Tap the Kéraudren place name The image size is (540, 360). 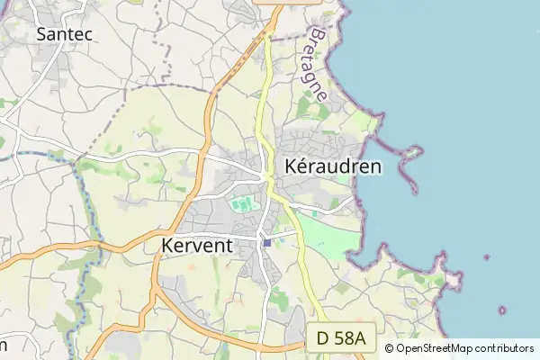click(x=332, y=166)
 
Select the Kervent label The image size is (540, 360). click(x=197, y=245)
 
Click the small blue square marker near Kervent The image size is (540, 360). click(x=267, y=242)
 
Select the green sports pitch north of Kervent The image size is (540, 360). click(x=242, y=205)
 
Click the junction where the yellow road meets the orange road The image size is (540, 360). click(x=267, y=35)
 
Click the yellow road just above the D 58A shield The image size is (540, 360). click(x=311, y=310)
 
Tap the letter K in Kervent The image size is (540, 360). click(x=168, y=245)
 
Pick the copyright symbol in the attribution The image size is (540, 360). click(x=390, y=348)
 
